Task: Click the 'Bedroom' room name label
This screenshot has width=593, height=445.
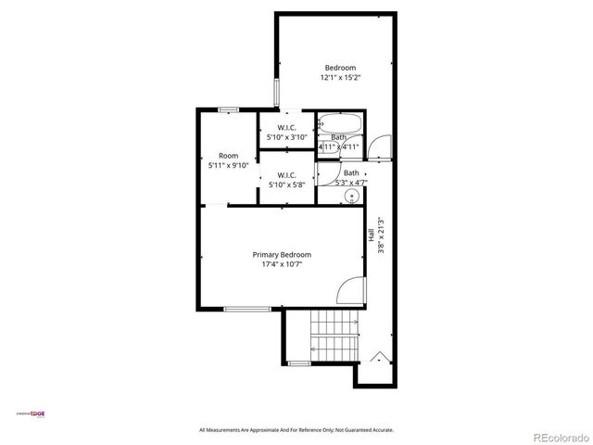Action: pyautogui.click(x=340, y=67)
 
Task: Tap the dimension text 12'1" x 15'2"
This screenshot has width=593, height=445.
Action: pyautogui.click(x=340, y=77)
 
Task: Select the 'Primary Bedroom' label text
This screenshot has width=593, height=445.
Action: pyautogui.click(x=282, y=254)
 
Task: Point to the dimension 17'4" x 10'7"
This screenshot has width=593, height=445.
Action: pyautogui.click(x=282, y=264)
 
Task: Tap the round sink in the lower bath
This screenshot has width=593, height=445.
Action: pyautogui.click(x=351, y=197)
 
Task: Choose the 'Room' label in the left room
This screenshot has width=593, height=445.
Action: pyautogui.click(x=228, y=156)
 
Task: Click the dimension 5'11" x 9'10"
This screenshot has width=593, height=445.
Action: pyautogui.click(x=228, y=166)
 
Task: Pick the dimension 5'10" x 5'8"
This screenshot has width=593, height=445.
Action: pyautogui.click(x=286, y=185)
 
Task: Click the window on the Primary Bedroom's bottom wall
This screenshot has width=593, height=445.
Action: pyautogui.click(x=247, y=309)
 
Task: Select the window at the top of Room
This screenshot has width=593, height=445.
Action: pyautogui.click(x=229, y=109)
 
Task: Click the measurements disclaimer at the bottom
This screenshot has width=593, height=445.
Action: pyautogui.click(x=296, y=430)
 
